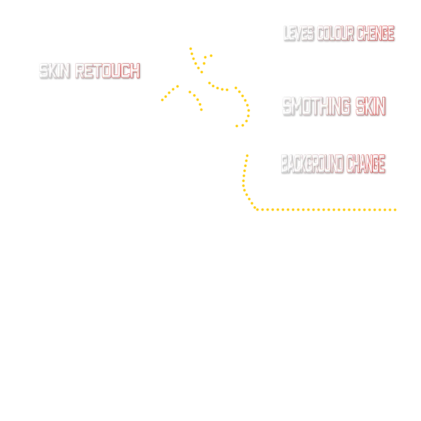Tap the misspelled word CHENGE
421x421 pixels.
376,33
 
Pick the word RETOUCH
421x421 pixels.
107,71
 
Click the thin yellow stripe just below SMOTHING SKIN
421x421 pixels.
328,123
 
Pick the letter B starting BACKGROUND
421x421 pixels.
284,164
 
